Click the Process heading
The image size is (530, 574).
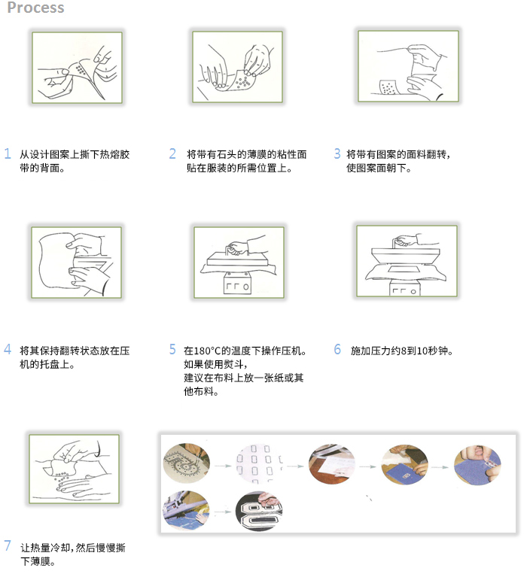coord(35,8)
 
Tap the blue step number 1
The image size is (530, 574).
coord(8,153)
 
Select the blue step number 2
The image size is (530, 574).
coord(172,153)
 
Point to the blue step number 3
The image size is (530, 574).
coord(337,153)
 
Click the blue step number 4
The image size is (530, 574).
coord(8,349)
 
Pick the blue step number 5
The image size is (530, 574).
coord(172,349)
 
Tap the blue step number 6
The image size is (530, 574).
coord(337,349)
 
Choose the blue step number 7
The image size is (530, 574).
coord(8,545)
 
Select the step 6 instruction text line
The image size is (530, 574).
coord(402,351)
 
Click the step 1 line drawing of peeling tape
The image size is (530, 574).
coord(77,68)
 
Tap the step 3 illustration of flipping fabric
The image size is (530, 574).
coord(408,66)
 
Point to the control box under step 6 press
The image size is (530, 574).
coord(404,288)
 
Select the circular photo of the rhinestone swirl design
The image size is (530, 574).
coord(187,464)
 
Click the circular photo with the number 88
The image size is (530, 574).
coord(259,511)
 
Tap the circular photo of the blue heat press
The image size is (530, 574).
coord(187,511)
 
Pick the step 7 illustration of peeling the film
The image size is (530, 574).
coord(74,469)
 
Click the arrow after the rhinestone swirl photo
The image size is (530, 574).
coord(223,466)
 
